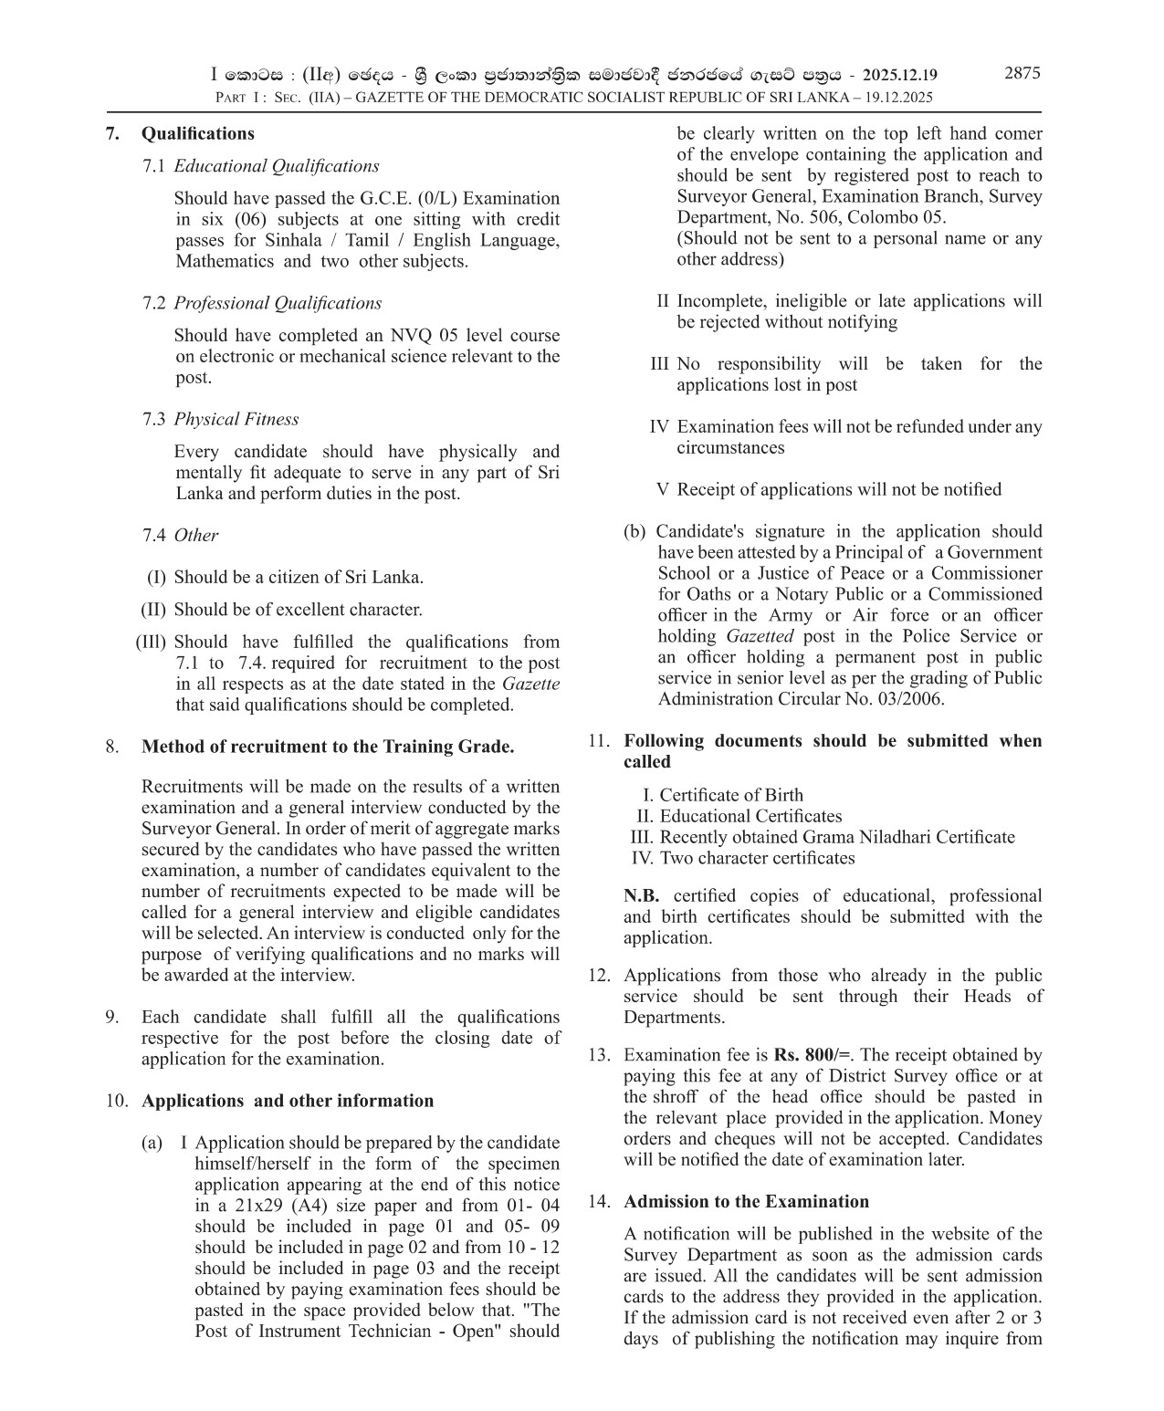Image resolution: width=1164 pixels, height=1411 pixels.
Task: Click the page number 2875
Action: point(1022,74)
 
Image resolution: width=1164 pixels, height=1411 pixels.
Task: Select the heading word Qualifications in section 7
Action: point(197,133)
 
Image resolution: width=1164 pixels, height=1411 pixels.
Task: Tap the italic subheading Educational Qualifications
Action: point(276,166)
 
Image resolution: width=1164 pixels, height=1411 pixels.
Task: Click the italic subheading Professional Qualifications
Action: point(278,303)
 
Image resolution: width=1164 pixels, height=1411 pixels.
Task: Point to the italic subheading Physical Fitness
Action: point(236,419)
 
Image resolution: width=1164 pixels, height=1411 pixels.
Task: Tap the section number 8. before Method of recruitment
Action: point(111,747)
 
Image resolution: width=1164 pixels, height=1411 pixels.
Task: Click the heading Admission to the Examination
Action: point(746,1201)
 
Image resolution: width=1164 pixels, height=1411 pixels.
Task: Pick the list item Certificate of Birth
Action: point(731,795)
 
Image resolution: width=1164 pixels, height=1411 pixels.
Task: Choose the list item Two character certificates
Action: point(757,858)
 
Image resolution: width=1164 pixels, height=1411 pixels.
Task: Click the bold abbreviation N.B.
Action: point(641,896)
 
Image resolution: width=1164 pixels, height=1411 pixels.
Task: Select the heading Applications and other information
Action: point(287,1101)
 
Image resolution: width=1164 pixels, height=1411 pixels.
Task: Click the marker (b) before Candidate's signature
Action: point(634,531)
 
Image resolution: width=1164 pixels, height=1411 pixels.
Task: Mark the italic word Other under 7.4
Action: point(196,535)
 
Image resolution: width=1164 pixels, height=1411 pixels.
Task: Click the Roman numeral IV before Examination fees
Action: point(659,426)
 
